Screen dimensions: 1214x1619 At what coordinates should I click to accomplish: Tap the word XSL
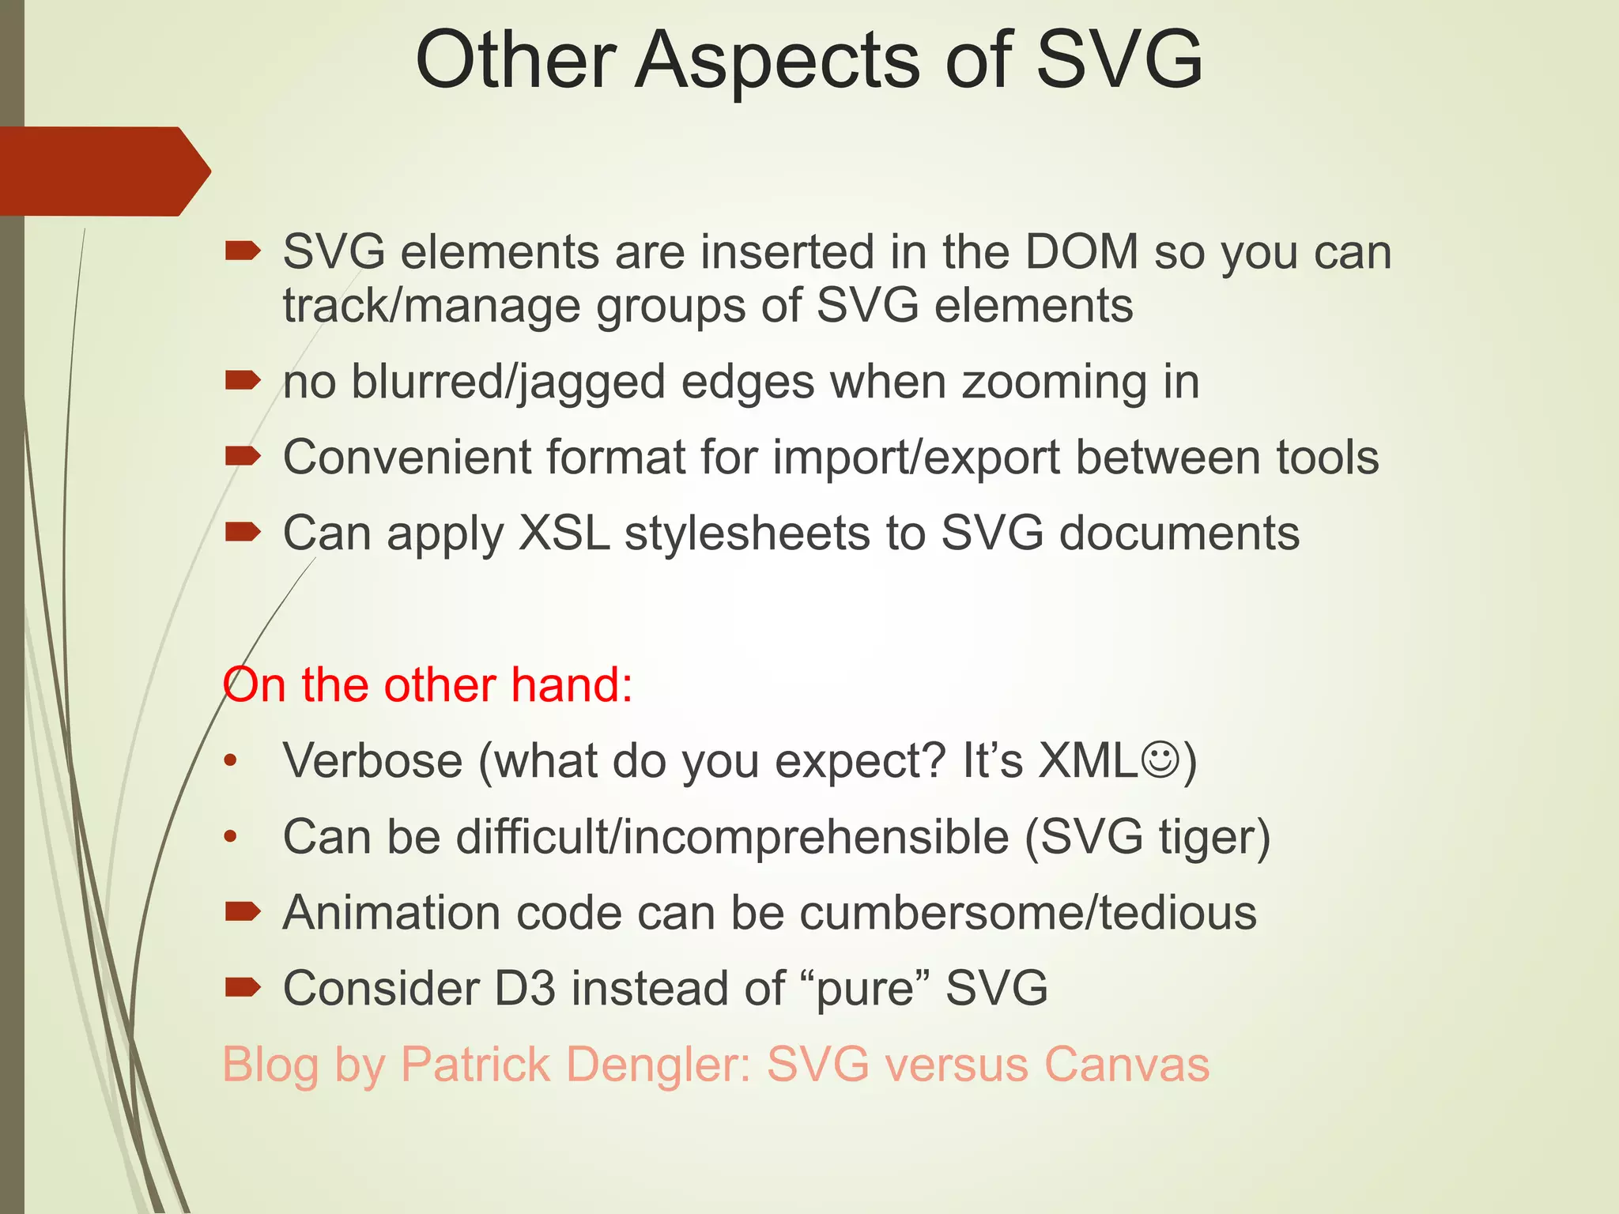[x=564, y=533]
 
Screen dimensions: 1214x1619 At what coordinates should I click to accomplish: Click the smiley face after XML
[x=1160, y=761]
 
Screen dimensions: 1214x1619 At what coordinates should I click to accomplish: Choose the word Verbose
[x=372, y=761]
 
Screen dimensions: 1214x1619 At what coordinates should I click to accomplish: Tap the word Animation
[x=392, y=913]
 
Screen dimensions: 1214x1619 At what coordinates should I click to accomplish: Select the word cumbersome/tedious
[x=1028, y=913]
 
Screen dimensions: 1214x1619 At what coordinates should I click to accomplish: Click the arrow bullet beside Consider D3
[x=242, y=986]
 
